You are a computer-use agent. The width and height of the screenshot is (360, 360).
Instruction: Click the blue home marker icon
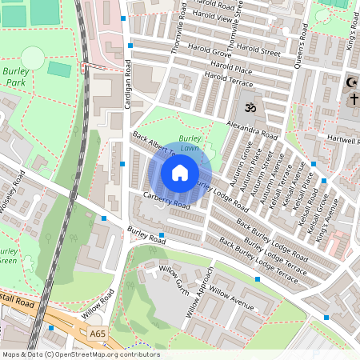coord(180,173)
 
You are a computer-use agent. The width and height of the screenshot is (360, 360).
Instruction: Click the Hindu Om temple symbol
coord(248,106)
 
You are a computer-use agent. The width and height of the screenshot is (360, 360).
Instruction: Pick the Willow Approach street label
coord(200,291)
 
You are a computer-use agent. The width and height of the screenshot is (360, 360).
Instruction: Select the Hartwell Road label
coord(342,138)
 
